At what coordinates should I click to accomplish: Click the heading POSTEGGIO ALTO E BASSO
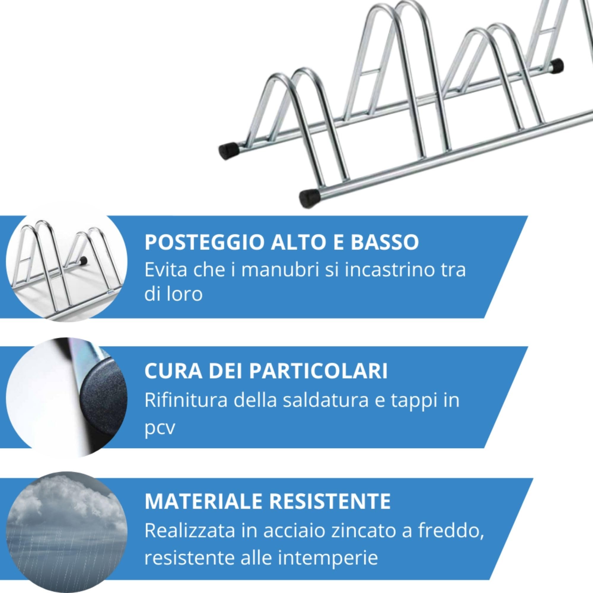pos(281,242)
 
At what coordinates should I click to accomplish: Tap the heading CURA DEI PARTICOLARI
pos(266,371)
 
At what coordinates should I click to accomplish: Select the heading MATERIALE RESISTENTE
pos(267,501)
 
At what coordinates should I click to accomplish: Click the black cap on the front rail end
pos(309,199)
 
